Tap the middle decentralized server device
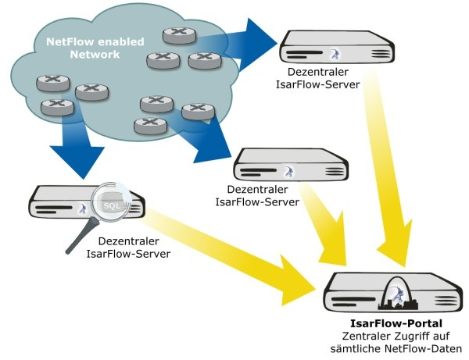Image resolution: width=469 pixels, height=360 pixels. pyautogui.click(x=291, y=166)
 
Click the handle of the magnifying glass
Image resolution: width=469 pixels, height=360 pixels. pyautogui.click(x=79, y=241)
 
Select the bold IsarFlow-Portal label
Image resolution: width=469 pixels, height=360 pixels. pyautogui.click(x=395, y=323)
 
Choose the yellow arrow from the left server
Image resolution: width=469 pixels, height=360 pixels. pyautogui.click(x=234, y=250)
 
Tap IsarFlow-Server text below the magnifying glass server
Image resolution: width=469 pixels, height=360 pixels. pyautogui.click(x=128, y=254)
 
